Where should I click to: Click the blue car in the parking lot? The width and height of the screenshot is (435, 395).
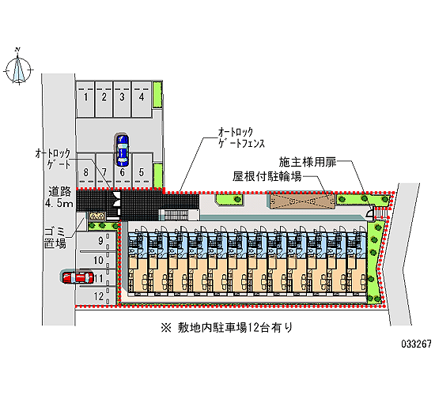[x=123, y=150]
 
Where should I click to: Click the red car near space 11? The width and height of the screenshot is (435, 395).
[x=78, y=277]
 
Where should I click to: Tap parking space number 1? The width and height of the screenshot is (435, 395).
[x=85, y=99]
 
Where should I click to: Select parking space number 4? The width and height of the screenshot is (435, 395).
[x=142, y=99]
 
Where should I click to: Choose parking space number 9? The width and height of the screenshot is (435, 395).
[x=96, y=241]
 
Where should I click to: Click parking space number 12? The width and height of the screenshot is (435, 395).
[x=96, y=296]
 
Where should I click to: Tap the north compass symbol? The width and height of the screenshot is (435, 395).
[x=18, y=67]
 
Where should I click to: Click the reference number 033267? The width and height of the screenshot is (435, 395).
[x=416, y=344]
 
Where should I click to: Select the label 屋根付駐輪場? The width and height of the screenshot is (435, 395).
[x=267, y=176]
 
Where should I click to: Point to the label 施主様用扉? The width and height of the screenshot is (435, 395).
[x=308, y=162]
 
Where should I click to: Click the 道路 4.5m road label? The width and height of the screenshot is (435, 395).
[x=59, y=197]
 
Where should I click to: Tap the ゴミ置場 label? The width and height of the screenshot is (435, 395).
[x=55, y=237]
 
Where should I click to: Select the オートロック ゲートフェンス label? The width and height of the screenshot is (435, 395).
[x=240, y=137]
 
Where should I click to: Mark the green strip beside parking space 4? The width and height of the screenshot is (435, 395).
[x=157, y=94]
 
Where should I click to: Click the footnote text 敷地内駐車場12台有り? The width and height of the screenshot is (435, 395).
[x=226, y=328]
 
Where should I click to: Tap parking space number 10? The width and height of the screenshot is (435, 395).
[x=96, y=260]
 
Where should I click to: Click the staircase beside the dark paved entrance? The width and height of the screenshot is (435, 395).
[x=175, y=215]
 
